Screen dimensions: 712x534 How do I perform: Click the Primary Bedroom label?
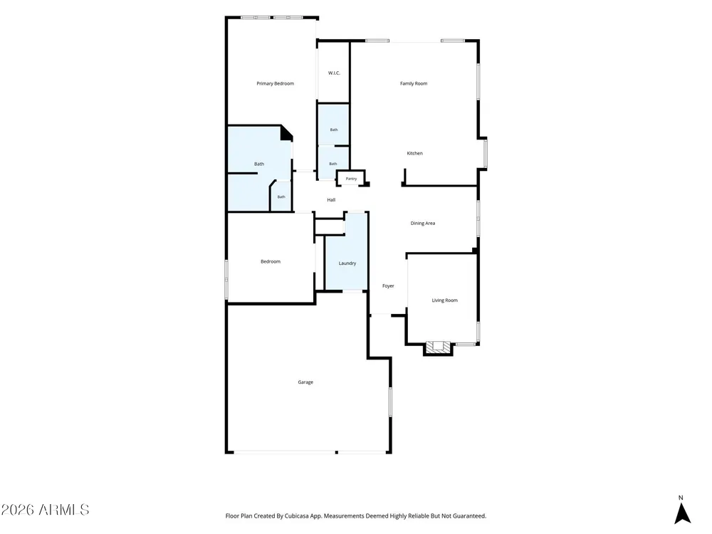pyautogui.click(x=275, y=83)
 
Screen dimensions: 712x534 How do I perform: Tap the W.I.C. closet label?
pyautogui.click(x=334, y=73)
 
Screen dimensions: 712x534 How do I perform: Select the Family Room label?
pyautogui.click(x=414, y=83)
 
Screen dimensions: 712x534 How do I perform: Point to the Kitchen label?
pyautogui.click(x=414, y=154)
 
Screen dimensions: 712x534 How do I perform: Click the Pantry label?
pyautogui.click(x=351, y=179)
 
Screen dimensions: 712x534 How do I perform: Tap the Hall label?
pyautogui.click(x=331, y=200)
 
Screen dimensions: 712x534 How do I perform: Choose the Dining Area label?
pyautogui.click(x=423, y=224)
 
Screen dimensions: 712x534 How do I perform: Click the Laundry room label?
pyautogui.click(x=347, y=263)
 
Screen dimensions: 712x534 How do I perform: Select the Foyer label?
pyautogui.click(x=388, y=286)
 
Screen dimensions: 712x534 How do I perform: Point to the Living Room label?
pyautogui.click(x=444, y=300)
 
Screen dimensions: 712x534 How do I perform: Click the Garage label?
pyautogui.click(x=305, y=382)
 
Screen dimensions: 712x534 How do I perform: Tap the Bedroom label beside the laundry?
pyautogui.click(x=271, y=261)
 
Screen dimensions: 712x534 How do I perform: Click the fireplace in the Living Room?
pyautogui.click(x=438, y=347)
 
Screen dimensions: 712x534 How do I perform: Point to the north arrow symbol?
pyautogui.click(x=682, y=513)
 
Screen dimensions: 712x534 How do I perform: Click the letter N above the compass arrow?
pyautogui.click(x=681, y=498)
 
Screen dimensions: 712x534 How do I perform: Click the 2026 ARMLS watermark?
pyautogui.click(x=45, y=510)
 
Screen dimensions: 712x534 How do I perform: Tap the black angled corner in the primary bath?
pyautogui.click(x=286, y=133)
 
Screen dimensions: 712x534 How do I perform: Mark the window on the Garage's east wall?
pyautogui.click(x=390, y=402)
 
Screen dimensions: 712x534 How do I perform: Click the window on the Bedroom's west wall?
pyautogui.click(x=226, y=279)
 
